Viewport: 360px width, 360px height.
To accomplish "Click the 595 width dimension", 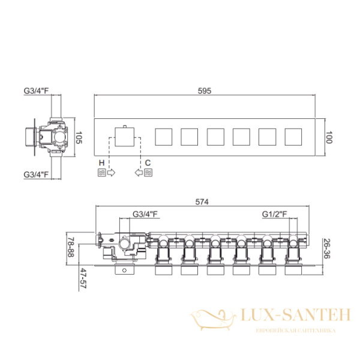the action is [205, 91].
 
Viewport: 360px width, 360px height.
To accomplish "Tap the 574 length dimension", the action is [202, 202].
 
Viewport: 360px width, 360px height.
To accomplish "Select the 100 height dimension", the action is [329, 137].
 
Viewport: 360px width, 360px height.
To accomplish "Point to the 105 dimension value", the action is [79, 137].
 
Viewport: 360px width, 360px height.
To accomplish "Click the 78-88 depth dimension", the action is [71, 247].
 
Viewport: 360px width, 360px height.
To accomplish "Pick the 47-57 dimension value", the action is [83, 278].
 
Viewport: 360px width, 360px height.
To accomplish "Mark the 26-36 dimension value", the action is [326, 248].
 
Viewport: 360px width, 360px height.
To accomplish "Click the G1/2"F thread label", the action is [275, 214].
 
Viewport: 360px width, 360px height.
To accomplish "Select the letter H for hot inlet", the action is [101, 163].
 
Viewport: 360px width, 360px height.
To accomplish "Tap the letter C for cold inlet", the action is [148, 163].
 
